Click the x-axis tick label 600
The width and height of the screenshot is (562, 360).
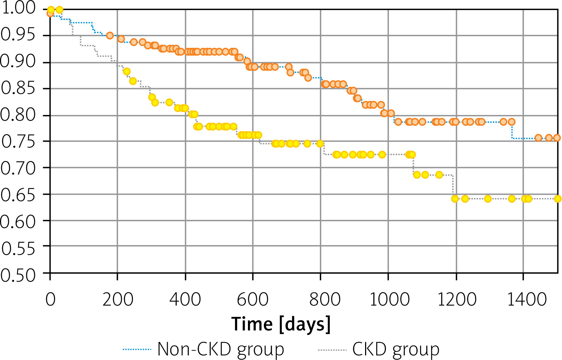253,299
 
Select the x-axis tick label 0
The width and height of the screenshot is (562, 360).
50,299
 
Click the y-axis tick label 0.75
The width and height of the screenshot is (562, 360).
18,142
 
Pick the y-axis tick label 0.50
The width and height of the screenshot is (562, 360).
18,276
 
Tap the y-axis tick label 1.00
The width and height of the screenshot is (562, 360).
18,8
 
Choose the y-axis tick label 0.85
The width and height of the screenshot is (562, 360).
18,88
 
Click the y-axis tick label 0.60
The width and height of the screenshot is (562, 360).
18,222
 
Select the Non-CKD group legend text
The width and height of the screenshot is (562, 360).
221,349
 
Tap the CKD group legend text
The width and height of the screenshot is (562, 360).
396,349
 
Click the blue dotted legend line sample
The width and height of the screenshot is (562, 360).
137,349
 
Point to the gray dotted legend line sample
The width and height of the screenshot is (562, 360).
332,349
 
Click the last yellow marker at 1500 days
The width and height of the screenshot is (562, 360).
557,199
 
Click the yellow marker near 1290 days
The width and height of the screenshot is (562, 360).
488,199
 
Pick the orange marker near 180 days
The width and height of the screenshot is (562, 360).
110,36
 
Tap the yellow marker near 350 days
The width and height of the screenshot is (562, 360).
169,102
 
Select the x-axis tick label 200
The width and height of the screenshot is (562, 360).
118,299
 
